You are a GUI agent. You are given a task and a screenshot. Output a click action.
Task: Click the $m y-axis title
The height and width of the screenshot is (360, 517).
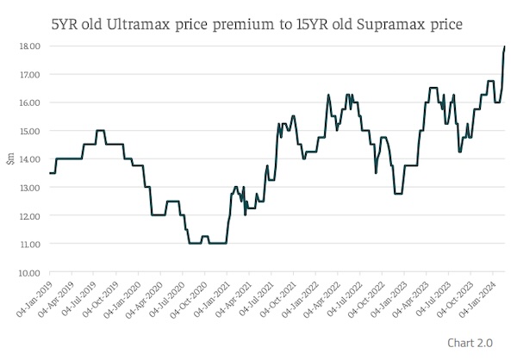click(x=10, y=159)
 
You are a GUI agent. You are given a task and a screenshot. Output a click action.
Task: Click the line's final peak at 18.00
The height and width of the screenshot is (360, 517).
click(x=505, y=47)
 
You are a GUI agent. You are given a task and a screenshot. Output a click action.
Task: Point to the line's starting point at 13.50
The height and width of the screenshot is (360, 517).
click(x=49, y=173)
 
